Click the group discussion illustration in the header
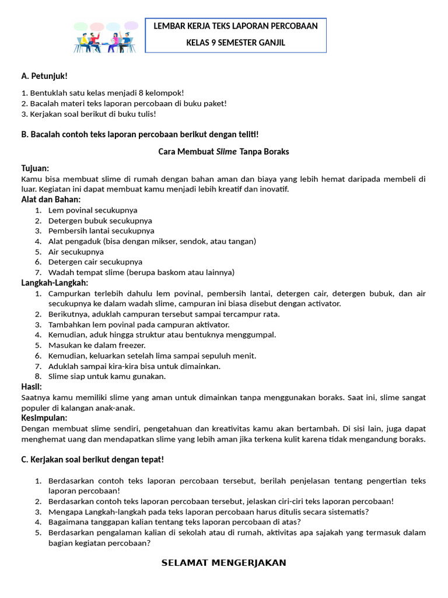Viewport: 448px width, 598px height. pos(106,37)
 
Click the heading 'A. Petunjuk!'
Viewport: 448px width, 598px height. pos(44,76)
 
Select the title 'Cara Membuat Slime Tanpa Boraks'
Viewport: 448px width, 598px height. pos(223,151)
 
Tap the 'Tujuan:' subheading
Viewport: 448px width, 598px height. pos(35,168)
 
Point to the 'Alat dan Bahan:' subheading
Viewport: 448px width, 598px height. pos(51,200)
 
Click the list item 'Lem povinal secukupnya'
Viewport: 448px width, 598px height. pos(93,210)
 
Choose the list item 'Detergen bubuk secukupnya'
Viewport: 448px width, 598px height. pos(100,221)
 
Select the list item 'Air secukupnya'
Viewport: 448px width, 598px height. pos(76,252)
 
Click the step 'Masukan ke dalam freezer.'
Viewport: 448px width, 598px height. pos(97,345)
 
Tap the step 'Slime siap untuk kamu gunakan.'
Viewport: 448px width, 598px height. pos(107,377)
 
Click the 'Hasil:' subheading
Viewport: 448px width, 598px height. pos(32,387)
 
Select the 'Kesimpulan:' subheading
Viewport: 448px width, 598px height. pos(44,418)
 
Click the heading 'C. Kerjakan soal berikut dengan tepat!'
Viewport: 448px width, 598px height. pos(92,460)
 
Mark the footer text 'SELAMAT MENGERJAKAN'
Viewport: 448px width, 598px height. pos(223,563)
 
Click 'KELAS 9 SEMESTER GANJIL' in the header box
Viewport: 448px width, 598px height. pos(235,43)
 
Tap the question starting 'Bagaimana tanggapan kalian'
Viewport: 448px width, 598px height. pos(174,521)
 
